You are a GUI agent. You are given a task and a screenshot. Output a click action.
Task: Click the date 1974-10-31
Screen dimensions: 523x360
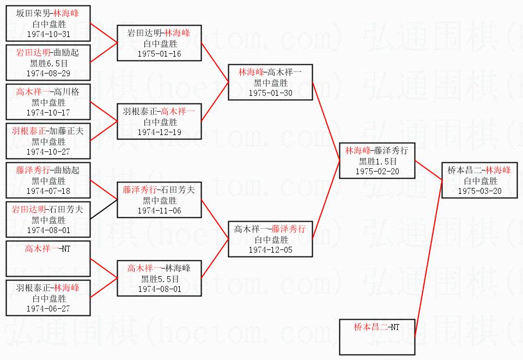click(48, 34)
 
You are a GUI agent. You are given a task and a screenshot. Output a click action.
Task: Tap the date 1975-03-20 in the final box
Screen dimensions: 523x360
click(479, 191)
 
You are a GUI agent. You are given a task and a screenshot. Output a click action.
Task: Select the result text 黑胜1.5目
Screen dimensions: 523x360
click(378, 161)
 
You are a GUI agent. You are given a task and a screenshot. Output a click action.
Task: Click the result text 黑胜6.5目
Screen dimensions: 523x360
click(48, 63)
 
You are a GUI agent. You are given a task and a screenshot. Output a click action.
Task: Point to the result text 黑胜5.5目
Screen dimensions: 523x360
click(160, 279)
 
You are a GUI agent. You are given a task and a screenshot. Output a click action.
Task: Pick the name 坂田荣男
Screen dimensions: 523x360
click(33, 13)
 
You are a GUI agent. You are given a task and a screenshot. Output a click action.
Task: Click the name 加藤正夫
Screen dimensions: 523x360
click(66, 131)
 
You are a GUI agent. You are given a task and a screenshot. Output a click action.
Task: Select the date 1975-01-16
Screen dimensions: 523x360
click(160, 54)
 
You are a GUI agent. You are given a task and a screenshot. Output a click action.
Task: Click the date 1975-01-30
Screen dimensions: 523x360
click(271, 93)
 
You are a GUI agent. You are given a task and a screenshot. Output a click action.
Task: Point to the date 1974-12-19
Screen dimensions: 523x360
click(160, 132)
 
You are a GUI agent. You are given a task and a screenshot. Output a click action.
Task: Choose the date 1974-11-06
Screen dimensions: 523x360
click(160, 211)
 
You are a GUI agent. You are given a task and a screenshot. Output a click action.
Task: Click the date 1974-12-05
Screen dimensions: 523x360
click(271, 250)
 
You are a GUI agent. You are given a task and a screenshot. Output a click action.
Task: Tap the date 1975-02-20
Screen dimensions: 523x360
click(377, 172)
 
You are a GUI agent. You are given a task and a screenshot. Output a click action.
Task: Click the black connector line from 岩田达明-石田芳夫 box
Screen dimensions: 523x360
click(104, 209)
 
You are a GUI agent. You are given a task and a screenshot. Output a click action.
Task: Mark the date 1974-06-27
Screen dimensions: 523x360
click(48, 309)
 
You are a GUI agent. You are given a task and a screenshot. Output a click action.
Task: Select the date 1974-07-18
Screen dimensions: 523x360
click(48, 191)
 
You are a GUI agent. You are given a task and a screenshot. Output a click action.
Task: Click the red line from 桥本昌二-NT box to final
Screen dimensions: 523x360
click(428, 259)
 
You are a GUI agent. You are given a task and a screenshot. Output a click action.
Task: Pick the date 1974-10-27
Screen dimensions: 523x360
click(48, 152)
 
